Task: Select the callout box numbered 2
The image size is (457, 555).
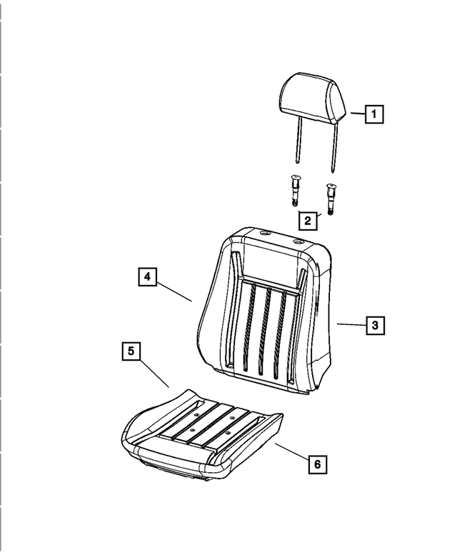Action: (x=307, y=221)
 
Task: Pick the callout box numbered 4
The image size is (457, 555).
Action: (x=146, y=276)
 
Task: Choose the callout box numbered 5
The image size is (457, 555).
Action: (x=131, y=351)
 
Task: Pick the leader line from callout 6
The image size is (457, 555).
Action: (x=290, y=451)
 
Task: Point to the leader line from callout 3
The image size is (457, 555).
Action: (x=351, y=325)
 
